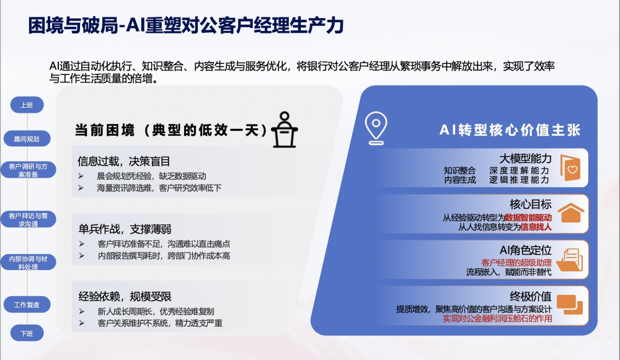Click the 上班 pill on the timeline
click(27, 105)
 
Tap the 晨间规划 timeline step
click(27, 139)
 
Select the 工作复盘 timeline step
click(27, 305)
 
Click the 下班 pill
click(27, 333)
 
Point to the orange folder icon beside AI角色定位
click(571, 258)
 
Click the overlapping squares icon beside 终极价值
click(570, 304)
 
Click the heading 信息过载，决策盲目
click(124, 162)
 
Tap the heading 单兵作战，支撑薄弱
click(124, 229)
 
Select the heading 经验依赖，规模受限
click(124, 296)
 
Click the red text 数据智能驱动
click(528, 217)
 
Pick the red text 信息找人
click(536, 227)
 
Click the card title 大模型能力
click(526, 159)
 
